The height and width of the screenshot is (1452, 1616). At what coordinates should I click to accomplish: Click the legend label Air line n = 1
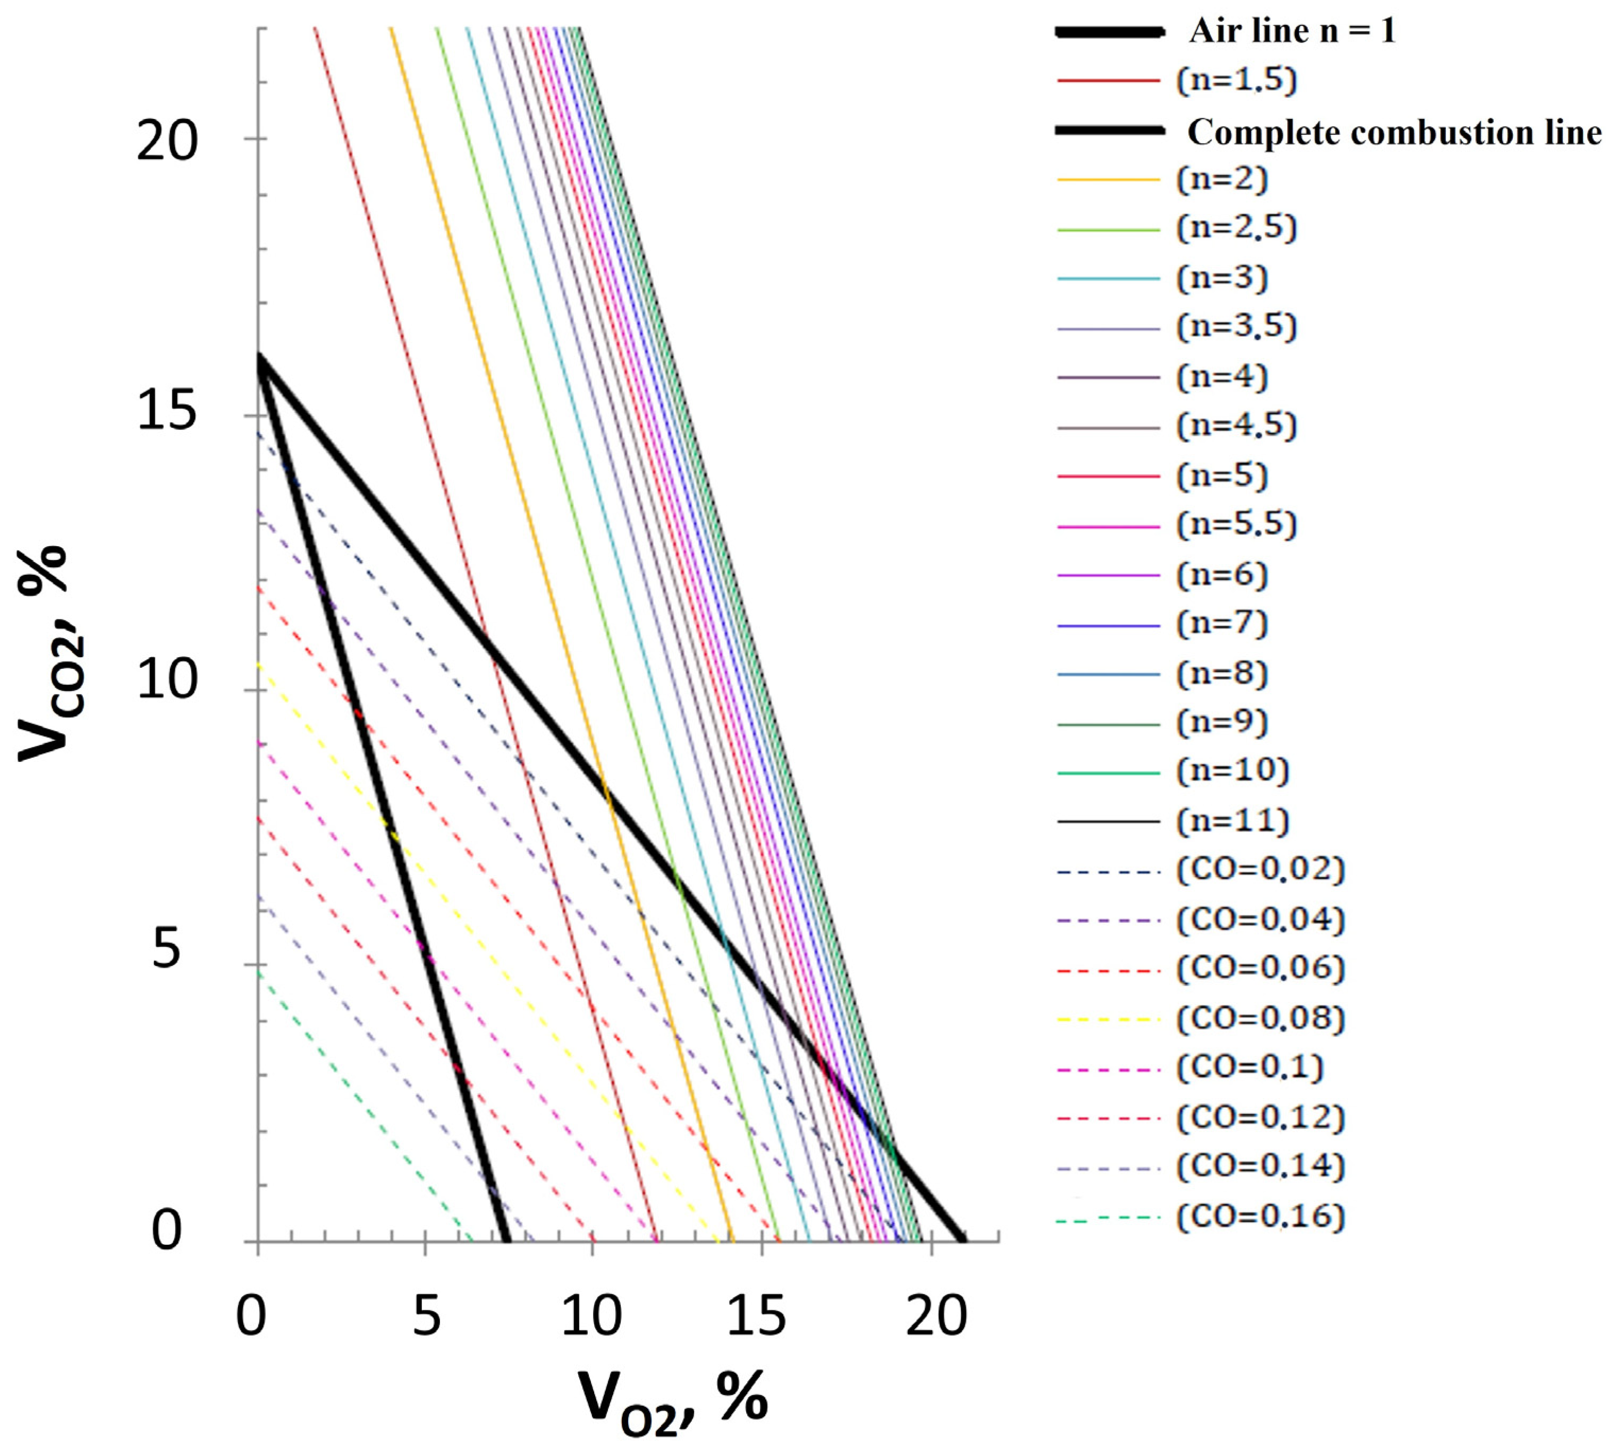click(x=1292, y=31)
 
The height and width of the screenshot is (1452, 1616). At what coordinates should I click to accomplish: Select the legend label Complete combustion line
click(x=1393, y=132)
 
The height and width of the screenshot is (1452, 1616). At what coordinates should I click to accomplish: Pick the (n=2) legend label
click(x=1222, y=179)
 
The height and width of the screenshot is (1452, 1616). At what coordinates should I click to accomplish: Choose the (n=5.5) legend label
click(x=1236, y=524)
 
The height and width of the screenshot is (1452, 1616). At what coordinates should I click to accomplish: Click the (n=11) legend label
click(x=1232, y=820)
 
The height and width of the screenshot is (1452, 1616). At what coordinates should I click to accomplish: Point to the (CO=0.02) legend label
click(x=1260, y=869)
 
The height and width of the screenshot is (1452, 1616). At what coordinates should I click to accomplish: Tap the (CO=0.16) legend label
click(x=1260, y=1216)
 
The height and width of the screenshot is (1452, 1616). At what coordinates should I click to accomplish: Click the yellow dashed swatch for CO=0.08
click(x=1107, y=1020)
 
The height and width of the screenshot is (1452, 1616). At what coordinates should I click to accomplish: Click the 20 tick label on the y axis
click(x=166, y=142)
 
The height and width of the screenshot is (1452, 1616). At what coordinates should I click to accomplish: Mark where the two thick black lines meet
click(x=259, y=358)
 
